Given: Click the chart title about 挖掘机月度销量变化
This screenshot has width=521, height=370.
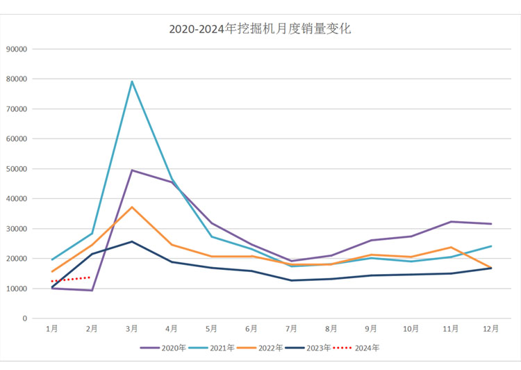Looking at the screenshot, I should (x=260, y=29).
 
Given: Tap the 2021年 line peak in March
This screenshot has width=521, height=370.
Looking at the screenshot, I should (x=131, y=81).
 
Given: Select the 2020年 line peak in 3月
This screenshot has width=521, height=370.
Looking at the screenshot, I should (x=131, y=170).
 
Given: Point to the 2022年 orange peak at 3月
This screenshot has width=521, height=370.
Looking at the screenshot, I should (x=131, y=207).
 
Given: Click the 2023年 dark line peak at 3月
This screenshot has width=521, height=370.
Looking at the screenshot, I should (x=131, y=241).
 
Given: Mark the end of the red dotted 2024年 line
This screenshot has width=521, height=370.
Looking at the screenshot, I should (x=91, y=277).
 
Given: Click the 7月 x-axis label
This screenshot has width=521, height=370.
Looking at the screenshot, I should (x=291, y=328).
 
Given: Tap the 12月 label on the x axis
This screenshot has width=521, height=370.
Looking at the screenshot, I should (x=491, y=328).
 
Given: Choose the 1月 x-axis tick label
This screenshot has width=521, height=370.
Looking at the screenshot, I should (x=51, y=328).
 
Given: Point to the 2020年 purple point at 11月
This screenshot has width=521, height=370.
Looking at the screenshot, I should (x=451, y=222).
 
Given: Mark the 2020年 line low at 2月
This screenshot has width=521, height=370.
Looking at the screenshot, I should (x=91, y=290).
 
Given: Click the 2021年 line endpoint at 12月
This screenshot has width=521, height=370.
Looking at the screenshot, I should (x=491, y=246).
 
